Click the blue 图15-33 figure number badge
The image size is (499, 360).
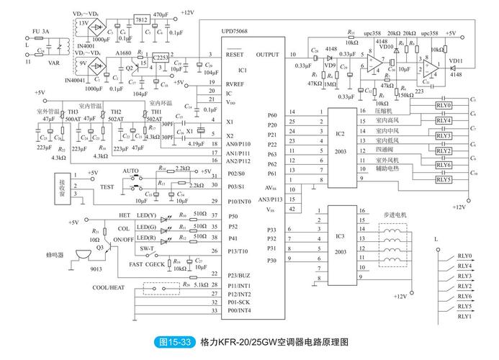pyautogui.click(x=174, y=343)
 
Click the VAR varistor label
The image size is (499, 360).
pyautogui.click(x=52, y=63)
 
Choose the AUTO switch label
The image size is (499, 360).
pyautogui.click(x=130, y=171)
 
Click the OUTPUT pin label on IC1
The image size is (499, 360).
pyautogui.click(x=266, y=54)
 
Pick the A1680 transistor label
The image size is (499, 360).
pyautogui.click(x=122, y=53)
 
